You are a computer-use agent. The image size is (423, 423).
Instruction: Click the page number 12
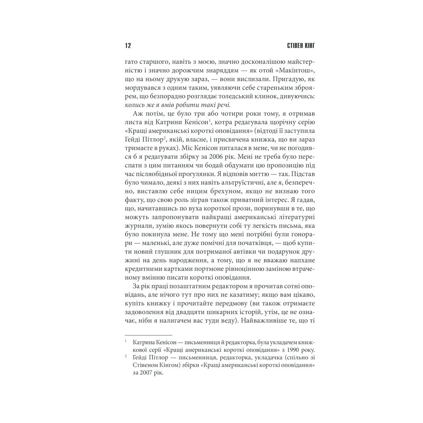[127, 45]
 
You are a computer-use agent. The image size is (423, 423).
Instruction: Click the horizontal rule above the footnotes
[148, 335]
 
